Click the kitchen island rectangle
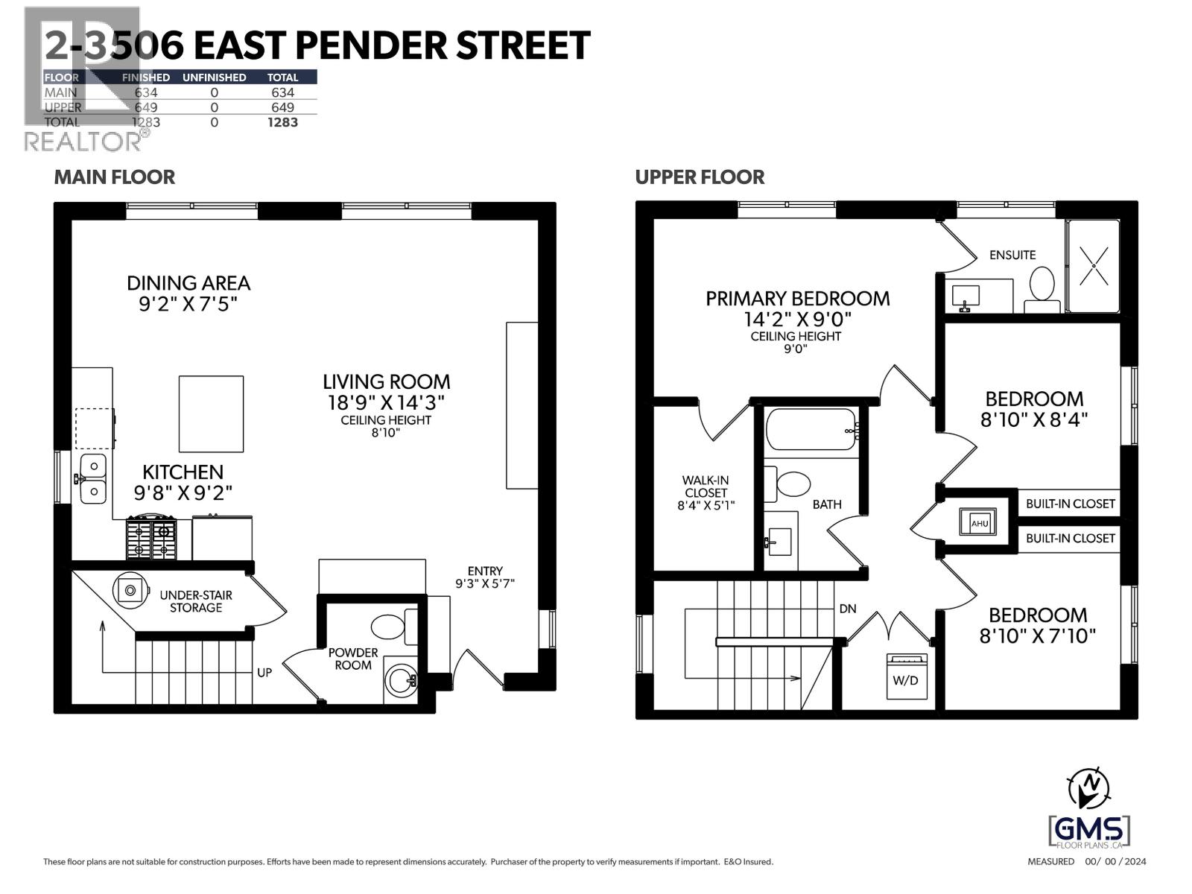(x=211, y=413)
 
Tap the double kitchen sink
(x=92, y=479)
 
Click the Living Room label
(x=386, y=382)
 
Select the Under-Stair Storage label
(x=195, y=601)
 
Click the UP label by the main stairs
(x=264, y=672)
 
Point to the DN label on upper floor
(x=848, y=609)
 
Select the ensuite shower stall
(x=1092, y=265)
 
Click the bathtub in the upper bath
(x=812, y=429)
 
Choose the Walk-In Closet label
(x=706, y=492)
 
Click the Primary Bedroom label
(x=797, y=299)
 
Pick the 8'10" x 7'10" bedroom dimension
(x=1037, y=636)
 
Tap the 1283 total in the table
(x=282, y=122)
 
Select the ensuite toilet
(x=1042, y=290)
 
